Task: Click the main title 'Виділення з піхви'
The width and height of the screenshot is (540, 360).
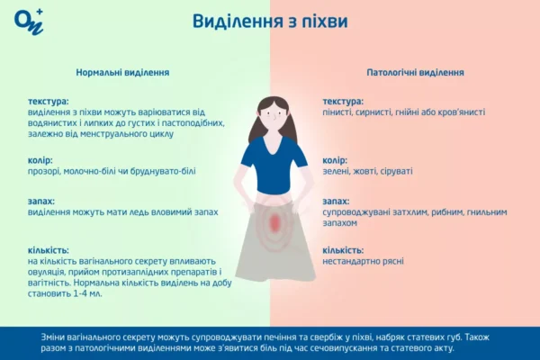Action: click(270, 22)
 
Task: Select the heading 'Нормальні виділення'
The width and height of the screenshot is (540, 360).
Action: click(122, 72)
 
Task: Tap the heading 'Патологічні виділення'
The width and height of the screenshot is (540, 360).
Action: click(415, 72)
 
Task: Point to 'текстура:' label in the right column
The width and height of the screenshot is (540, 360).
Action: click(343, 102)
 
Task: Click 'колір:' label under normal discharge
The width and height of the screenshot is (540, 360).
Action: click(40, 160)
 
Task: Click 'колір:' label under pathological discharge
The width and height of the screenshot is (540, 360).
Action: click(335, 160)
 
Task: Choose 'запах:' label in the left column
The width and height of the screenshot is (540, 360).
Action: click(41, 202)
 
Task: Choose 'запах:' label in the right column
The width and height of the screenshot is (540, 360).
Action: click(336, 202)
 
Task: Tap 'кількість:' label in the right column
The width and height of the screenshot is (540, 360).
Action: click(343, 249)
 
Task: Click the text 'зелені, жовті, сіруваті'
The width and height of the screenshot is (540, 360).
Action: click(367, 171)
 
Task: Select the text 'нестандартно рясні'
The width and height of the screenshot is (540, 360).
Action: click(363, 261)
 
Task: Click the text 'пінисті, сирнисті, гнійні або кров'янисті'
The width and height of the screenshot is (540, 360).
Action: click(403, 112)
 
